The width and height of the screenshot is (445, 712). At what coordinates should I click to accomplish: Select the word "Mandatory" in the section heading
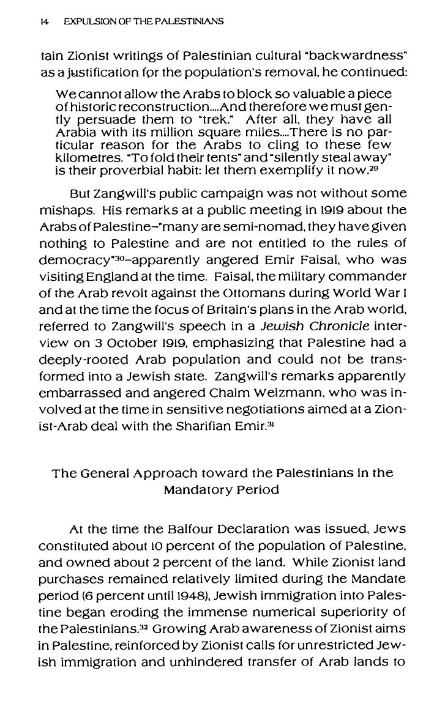pyautogui.click(x=194, y=490)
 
